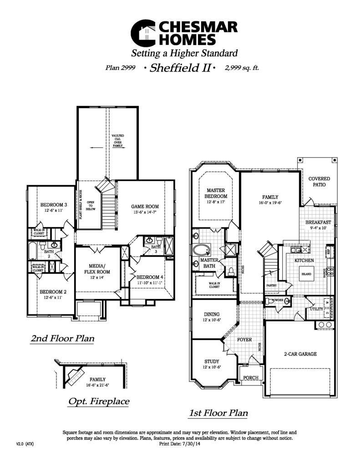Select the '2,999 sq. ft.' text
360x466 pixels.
pos(242,68)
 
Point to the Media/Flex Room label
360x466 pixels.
pos(97,268)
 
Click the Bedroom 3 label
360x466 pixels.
pos(54,205)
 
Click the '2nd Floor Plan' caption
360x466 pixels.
pos(62,339)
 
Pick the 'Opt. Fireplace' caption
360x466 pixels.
pos(98,401)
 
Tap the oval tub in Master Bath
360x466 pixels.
pos(201,250)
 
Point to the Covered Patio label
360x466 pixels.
pos(319,182)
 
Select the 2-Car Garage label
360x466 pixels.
pos(300,354)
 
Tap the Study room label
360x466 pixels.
pos(212,361)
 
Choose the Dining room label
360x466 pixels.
pos(212,314)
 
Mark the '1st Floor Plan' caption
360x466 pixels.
pos(218,413)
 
